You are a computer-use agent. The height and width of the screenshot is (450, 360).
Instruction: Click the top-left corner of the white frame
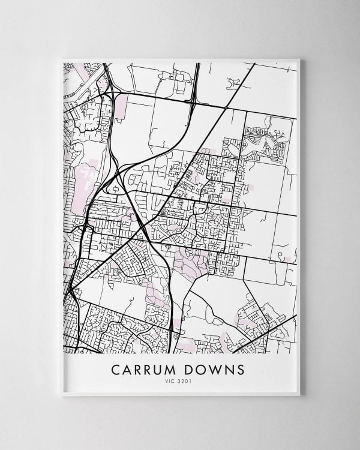(62, 59)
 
